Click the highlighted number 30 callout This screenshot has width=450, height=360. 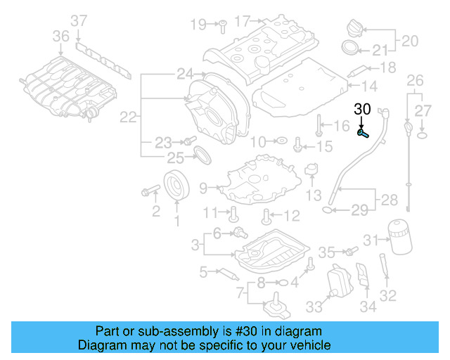click(361, 109)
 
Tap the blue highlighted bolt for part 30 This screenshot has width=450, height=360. click(363, 132)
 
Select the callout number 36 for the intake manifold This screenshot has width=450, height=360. click(61, 36)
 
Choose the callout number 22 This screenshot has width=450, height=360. click(127, 117)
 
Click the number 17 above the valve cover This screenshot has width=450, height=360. click(242, 22)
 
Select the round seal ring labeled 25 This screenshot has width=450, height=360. click(201, 155)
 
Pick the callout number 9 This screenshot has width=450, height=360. click(203, 188)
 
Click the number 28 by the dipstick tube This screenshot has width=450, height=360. click(389, 201)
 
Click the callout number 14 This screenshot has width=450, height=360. click(370, 86)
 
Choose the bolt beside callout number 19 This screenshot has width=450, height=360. click(220, 25)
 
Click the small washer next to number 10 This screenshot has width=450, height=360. click(280, 141)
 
